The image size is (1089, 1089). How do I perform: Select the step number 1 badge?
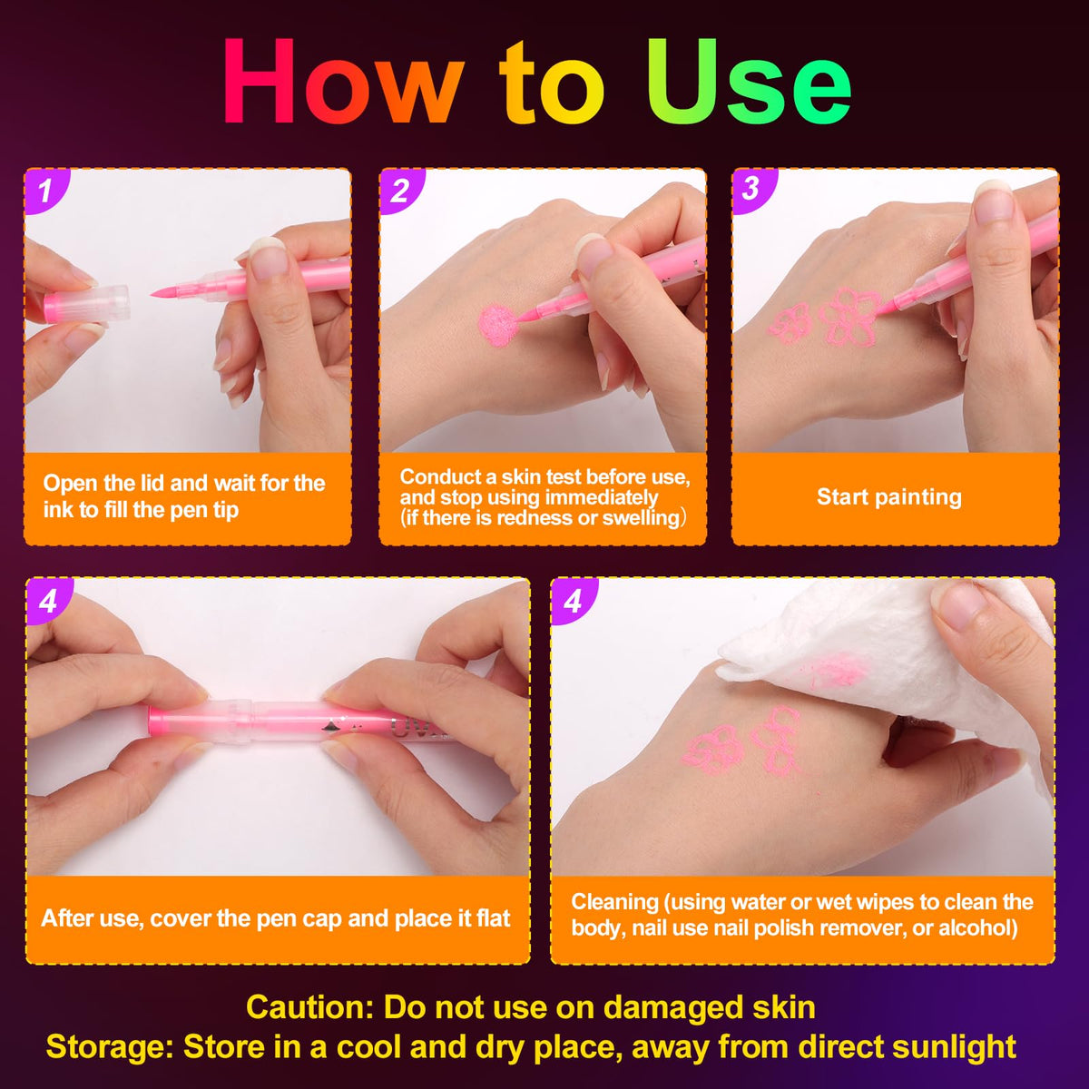click(45, 190)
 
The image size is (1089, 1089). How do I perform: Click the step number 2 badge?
click(400, 190)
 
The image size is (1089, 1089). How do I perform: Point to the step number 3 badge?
click(752, 190)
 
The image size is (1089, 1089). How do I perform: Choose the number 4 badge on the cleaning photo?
click(573, 600)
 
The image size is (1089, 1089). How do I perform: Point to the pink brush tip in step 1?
click(167, 291)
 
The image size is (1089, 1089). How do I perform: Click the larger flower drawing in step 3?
click(849, 317)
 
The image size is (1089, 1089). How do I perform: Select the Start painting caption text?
click(889, 496)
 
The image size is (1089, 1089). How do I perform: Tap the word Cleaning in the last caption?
click(615, 902)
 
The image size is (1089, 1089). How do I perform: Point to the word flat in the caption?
click(493, 918)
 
